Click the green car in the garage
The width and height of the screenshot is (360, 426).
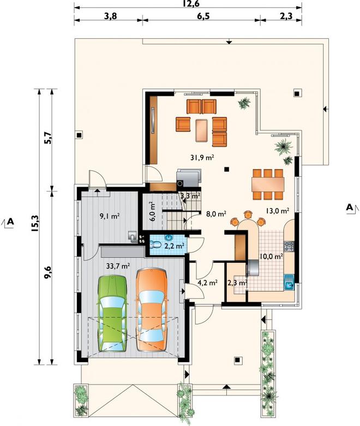[112, 314]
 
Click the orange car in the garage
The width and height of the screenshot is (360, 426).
[152, 309]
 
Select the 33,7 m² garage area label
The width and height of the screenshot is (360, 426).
[118, 266]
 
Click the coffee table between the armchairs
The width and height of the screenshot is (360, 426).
[202, 130]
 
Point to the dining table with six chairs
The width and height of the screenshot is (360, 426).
[268, 185]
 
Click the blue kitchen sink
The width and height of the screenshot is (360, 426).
[289, 283]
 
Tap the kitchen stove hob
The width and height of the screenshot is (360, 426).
[289, 247]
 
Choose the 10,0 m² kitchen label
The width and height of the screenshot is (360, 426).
[272, 256]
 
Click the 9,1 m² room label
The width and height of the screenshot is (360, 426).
[110, 216]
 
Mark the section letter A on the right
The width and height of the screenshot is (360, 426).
[350, 207]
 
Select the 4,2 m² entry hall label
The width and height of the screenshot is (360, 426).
[208, 283]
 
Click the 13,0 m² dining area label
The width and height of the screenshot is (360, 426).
[277, 211]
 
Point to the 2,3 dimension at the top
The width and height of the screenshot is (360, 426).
[286, 16]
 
